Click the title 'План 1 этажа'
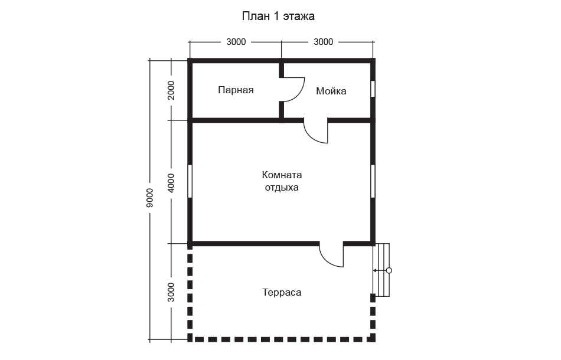tap(278, 16)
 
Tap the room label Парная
tap(236, 90)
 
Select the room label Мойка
tap(331, 91)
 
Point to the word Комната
tap(282, 175)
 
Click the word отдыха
tap(282, 188)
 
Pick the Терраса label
tap(282, 293)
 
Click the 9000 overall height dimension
tap(150, 198)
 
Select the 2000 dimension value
tap(171, 90)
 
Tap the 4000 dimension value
tap(171, 183)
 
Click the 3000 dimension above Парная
tap(236, 42)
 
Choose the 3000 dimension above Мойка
tap(324, 42)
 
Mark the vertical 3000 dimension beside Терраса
tap(171, 292)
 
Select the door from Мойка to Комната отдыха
tap(316, 131)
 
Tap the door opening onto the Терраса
tap(331, 255)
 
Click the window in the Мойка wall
tap(373, 89)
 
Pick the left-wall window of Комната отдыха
tap(190, 181)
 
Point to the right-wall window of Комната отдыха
tap(373, 181)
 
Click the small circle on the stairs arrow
tap(389, 271)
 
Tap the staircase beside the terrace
tap(381, 270)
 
